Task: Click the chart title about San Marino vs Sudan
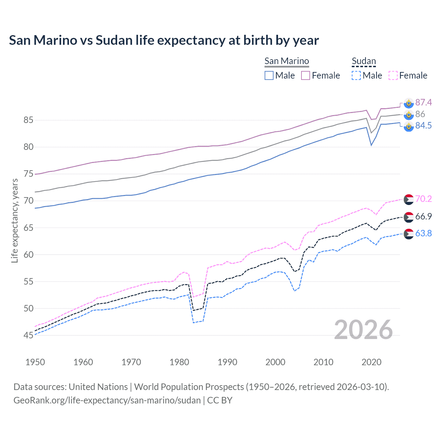pos(164,40)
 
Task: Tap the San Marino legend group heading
pos(286,61)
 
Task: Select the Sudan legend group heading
pos(363,61)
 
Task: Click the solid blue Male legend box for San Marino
pos(269,75)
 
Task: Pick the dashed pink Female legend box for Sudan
pos(393,75)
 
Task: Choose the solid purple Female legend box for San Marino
pos(306,75)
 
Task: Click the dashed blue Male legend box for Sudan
pos(356,75)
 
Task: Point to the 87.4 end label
pos(423,102)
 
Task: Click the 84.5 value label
pos(423,126)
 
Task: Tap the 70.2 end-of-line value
pos(423,199)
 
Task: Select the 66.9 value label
pos(423,217)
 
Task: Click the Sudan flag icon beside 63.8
pos(409,234)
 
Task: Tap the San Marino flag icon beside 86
pos(409,114)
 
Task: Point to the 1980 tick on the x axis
pos(180,362)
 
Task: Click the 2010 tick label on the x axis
pos(323,362)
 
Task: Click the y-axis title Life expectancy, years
pos(14,220)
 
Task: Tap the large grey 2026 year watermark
pos(363,330)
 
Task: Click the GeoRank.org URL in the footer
pos(107,400)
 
